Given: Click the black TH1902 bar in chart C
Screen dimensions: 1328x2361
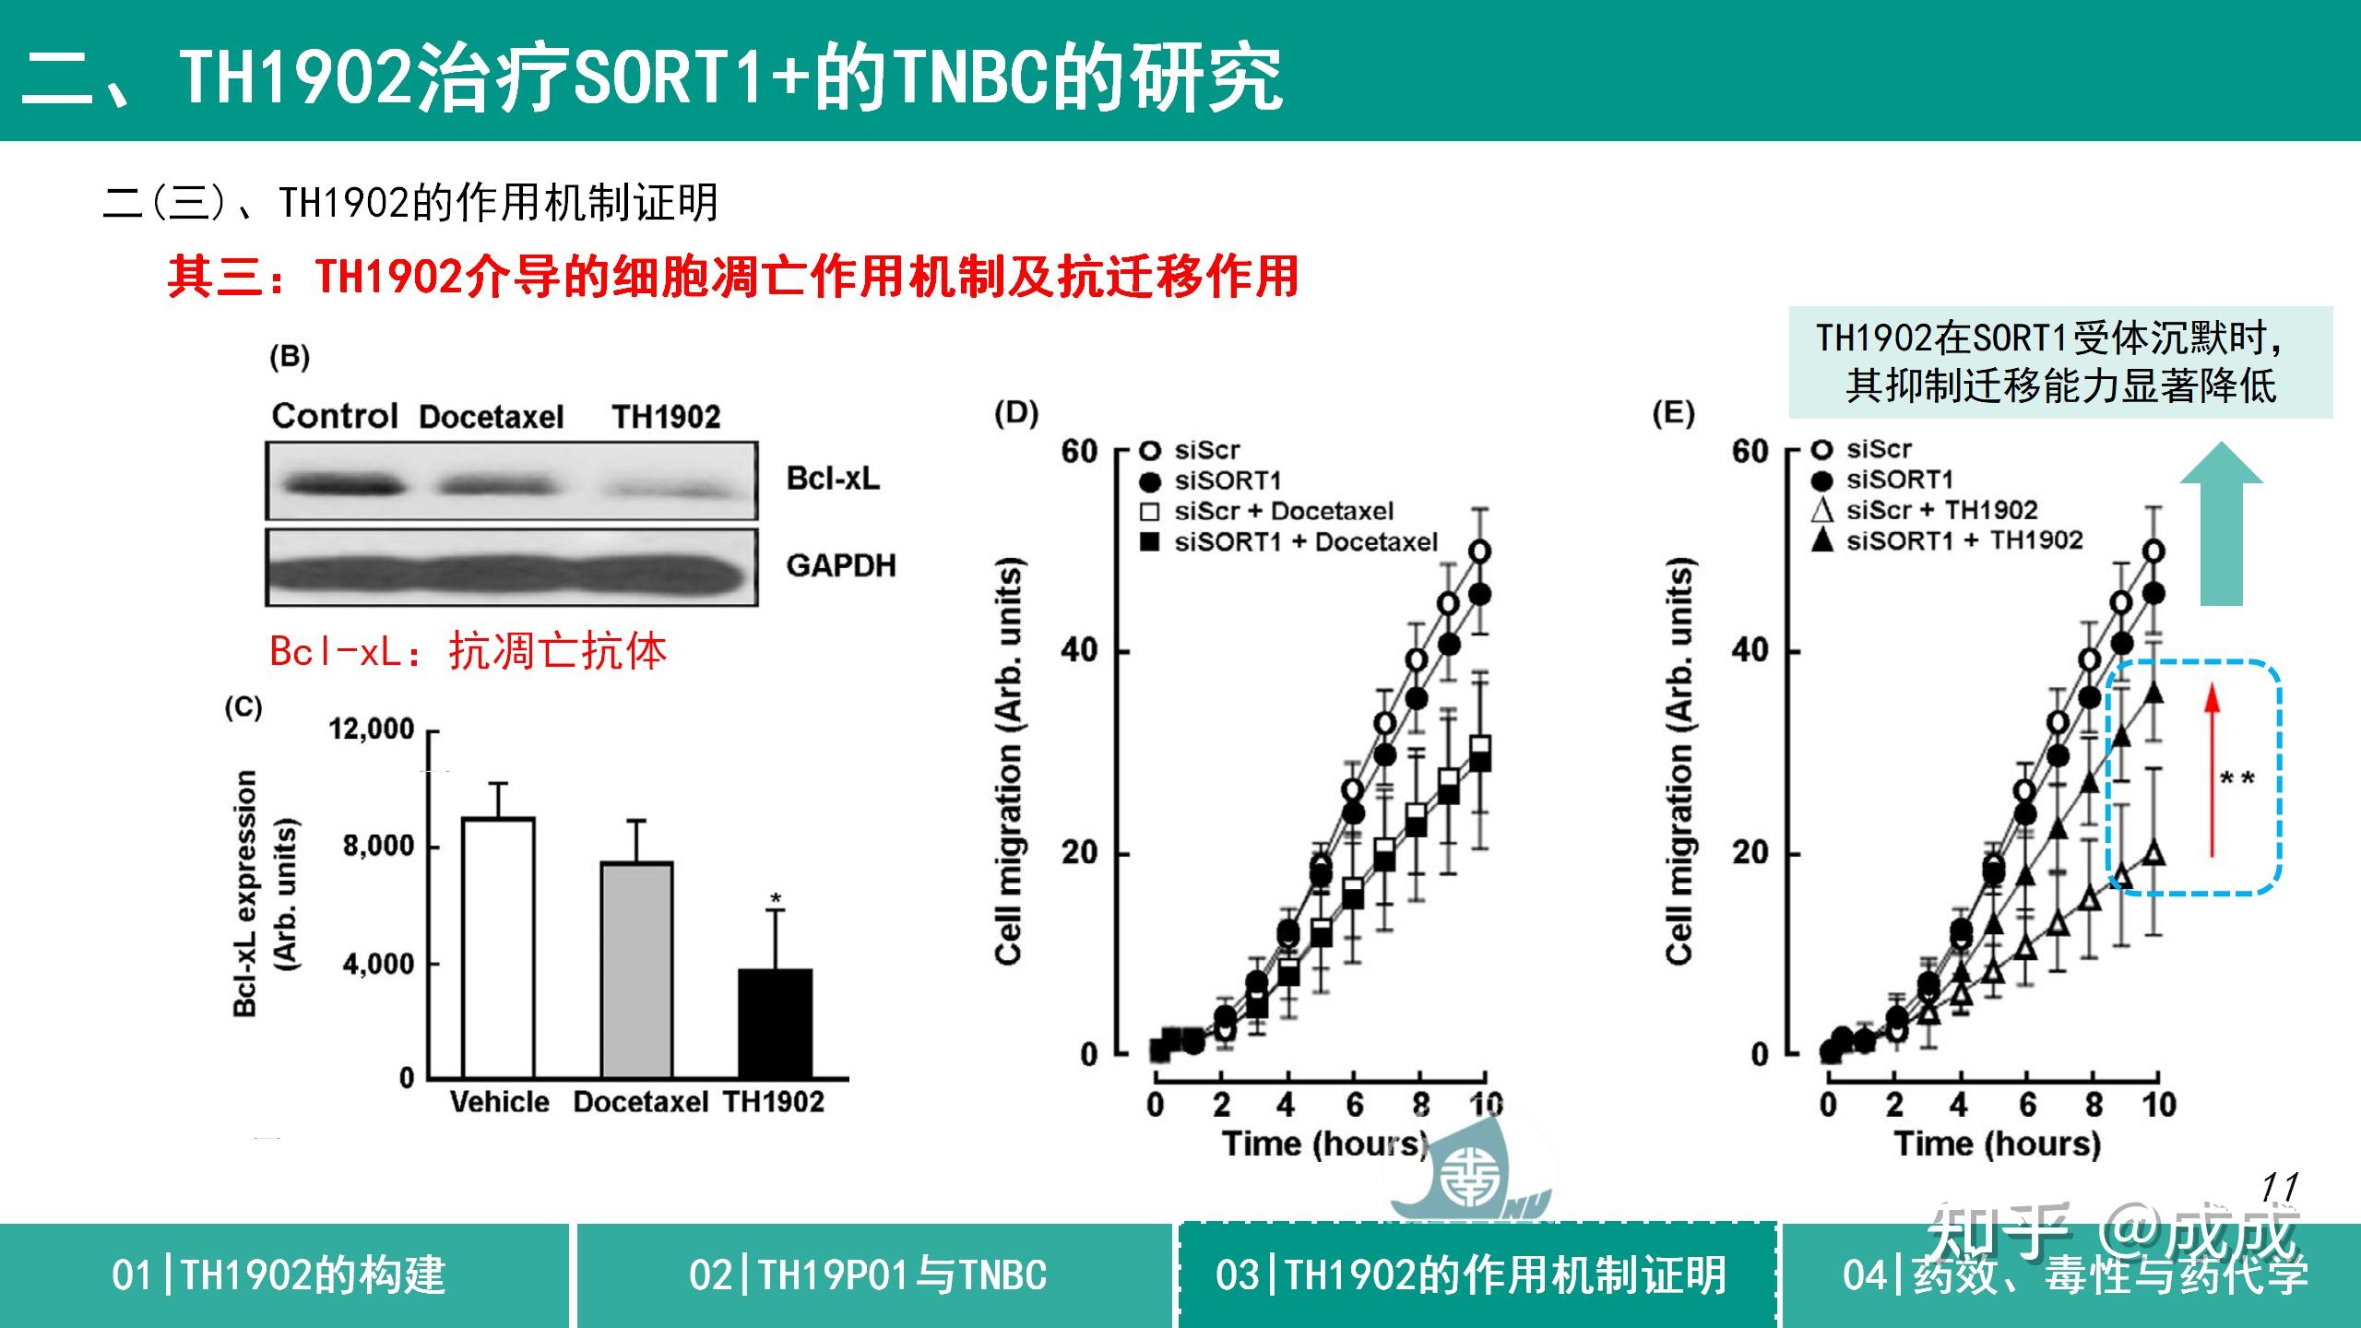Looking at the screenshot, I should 775,1024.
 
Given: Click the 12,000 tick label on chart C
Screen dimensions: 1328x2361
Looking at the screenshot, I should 372,729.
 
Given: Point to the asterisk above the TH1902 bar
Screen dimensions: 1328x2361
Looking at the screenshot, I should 776,898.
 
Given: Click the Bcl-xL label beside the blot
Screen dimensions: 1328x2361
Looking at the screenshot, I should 833,479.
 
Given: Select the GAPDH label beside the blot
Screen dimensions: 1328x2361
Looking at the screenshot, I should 840,565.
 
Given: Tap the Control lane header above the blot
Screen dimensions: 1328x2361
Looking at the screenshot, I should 334,416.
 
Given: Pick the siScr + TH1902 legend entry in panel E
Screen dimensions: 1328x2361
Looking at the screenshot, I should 1940,510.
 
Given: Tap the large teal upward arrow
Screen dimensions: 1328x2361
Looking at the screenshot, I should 2221,526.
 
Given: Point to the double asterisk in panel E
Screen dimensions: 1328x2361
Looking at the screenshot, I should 2237,780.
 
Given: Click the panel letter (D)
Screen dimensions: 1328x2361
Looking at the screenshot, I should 1016,412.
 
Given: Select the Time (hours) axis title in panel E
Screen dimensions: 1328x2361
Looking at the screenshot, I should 1998,1144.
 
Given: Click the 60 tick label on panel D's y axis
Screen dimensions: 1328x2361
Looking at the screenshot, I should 1079,453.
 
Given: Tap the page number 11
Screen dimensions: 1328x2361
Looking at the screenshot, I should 2279,1187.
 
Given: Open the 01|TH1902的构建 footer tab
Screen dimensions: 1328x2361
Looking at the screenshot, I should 279,1275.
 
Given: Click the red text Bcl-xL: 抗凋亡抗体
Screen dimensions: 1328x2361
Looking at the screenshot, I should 468,652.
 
